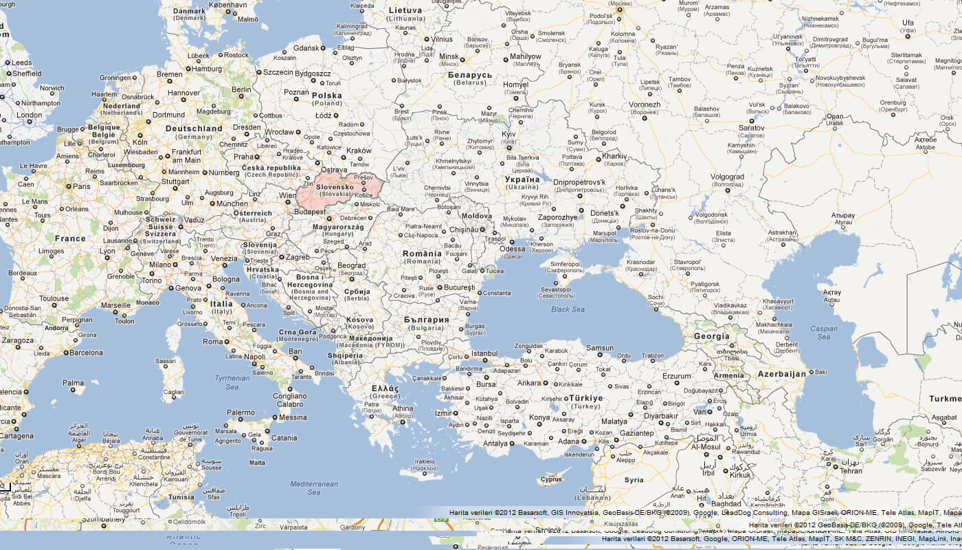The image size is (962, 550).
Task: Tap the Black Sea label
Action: point(568,309)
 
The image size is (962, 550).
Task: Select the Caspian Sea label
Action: point(824,333)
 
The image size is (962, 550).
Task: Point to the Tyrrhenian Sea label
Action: point(232,382)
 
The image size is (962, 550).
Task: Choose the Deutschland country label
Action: point(194,129)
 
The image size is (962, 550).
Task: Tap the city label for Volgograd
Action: point(727,177)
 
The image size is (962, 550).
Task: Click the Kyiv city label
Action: point(508,134)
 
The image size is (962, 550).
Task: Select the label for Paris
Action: point(82,186)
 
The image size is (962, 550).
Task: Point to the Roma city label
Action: point(212,342)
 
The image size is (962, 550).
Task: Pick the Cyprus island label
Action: point(551,480)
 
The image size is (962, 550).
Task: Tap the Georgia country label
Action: point(711,336)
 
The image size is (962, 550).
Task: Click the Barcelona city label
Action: point(86,353)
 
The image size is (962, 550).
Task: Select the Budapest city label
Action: point(309,212)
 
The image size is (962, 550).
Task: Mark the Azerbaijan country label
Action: point(781,374)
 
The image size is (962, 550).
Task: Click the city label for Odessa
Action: point(512,249)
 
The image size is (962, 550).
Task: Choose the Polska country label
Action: point(326,96)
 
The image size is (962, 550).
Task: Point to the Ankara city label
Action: point(528,383)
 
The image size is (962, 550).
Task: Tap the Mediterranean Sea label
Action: point(314,488)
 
